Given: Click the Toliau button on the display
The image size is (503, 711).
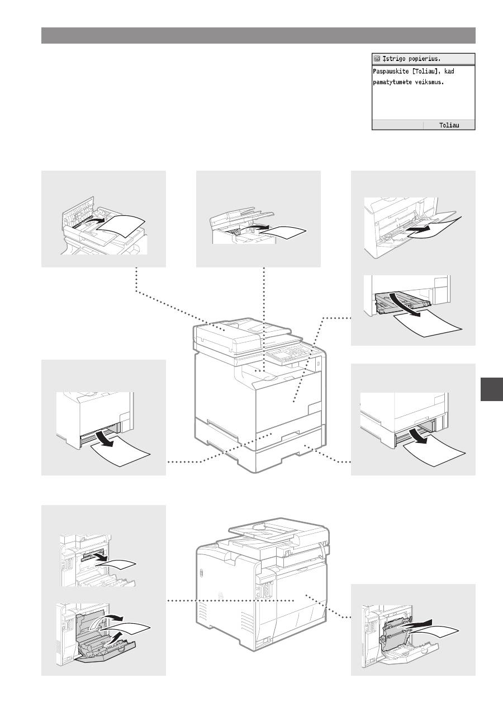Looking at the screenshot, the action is click(x=449, y=125).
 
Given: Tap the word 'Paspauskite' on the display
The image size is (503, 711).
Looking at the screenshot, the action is click(x=391, y=72).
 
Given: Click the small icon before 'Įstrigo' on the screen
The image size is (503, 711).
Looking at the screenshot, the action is click(x=377, y=59).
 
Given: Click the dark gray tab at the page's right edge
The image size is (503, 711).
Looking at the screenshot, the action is click(x=492, y=389).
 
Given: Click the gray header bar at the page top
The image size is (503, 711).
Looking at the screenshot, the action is click(x=258, y=35).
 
